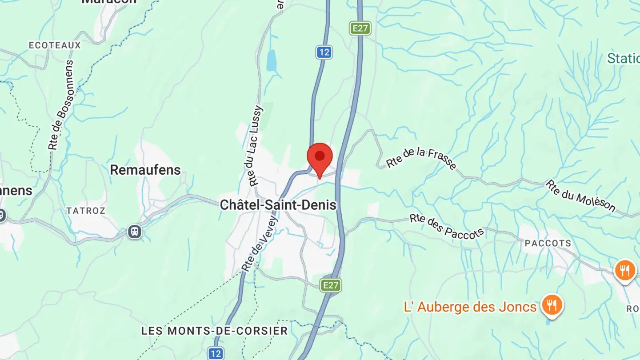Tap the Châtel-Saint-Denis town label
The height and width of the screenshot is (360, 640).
(278, 205)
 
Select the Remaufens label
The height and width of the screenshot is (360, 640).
(145, 170)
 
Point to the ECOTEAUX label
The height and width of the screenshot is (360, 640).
(55, 45)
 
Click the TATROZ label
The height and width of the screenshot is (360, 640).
(86, 211)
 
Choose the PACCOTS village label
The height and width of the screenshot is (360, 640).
(548, 243)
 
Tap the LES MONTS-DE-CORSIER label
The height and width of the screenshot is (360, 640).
(214, 331)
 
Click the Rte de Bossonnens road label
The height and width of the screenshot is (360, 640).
(61, 105)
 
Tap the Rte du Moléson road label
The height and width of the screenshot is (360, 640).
(580, 196)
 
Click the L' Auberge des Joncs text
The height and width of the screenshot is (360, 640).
(470, 307)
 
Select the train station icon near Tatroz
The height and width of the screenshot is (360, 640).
(134, 232)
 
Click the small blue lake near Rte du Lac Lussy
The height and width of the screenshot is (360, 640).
(271, 61)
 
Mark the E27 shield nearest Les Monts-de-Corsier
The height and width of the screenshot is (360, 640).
(331, 285)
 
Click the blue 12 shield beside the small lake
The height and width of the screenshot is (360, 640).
(324, 52)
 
